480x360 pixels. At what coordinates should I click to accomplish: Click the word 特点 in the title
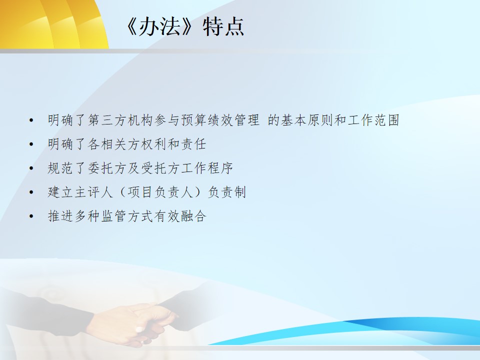[x=223, y=27]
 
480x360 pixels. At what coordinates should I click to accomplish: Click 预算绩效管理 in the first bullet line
[x=220, y=120]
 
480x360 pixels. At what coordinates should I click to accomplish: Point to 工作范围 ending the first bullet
[x=374, y=120]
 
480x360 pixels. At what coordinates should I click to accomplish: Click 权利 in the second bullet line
[x=153, y=144]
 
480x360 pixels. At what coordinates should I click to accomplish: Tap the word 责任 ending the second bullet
[x=193, y=144]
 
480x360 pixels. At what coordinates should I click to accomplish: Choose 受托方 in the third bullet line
[x=160, y=168]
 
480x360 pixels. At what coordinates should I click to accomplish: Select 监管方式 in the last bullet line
[x=127, y=216]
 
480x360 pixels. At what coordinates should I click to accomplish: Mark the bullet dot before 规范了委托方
[x=31, y=168]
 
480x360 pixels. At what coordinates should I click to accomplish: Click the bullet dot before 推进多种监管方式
[x=31, y=216]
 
